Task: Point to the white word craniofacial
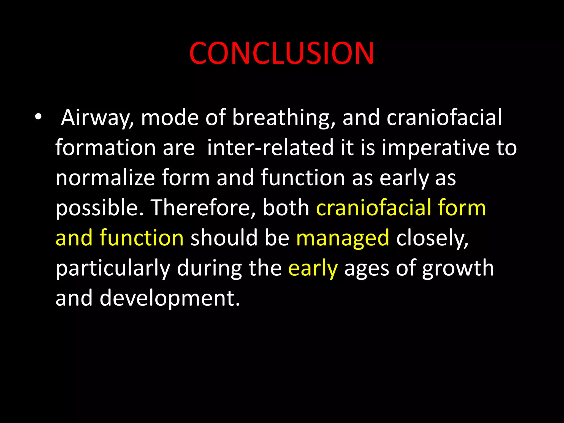point(444,118)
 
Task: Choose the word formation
point(106,148)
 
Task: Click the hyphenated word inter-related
point(270,148)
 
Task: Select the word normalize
point(105,178)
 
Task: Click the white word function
point(303,178)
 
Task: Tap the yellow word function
point(142,238)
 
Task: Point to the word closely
point(432,238)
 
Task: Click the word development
point(170,299)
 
